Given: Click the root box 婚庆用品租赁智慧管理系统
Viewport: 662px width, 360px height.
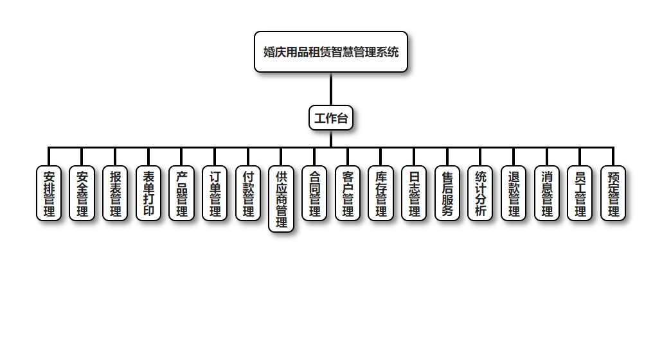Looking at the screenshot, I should pyautogui.click(x=331, y=51).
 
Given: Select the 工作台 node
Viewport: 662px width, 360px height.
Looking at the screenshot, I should pyautogui.click(x=331, y=118).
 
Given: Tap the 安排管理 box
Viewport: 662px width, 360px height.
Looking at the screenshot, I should pyautogui.click(x=49, y=193).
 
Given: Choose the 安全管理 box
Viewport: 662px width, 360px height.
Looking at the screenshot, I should pyautogui.click(x=82, y=193).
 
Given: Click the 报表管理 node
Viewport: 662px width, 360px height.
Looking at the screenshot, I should pyautogui.click(x=115, y=193).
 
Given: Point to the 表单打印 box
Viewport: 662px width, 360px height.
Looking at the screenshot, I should pyautogui.click(x=148, y=193).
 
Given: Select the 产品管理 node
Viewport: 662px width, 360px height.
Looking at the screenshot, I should pyautogui.click(x=182, y=193).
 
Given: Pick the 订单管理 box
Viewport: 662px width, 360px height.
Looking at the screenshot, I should pyautogui.click(x=215, y=193).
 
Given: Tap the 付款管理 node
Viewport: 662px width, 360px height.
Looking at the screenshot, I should pyautogui.click(x=248, y=193).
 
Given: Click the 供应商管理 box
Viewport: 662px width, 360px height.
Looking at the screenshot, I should pyautogui.click(x=282, y=199).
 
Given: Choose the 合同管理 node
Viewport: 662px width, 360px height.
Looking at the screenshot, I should pyautogui.click(x=314, y=193).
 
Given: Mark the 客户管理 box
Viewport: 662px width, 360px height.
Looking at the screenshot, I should pyautogui.click(x=348, y=193).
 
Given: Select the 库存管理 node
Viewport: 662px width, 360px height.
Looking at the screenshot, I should pyautogui.click(x=381, y=193).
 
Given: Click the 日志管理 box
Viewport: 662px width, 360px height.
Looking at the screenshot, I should pyautogui.click(x=414, y=193).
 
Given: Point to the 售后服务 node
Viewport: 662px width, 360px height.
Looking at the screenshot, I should pyautogui.click(x=447, y=193).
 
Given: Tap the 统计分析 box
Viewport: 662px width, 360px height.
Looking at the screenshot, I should pyautogui.click(x=481, y=193).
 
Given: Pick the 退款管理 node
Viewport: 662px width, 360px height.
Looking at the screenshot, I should pyautogui.click(x=514, y=193).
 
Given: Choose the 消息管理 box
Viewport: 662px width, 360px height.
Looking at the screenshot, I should pyautogui.click(x=547, y=193).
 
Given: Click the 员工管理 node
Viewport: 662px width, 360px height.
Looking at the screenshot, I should pyautogui.click(x=580, y=193).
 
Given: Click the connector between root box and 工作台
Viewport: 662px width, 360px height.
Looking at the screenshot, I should pyautogui.click(x=331, y=89).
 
